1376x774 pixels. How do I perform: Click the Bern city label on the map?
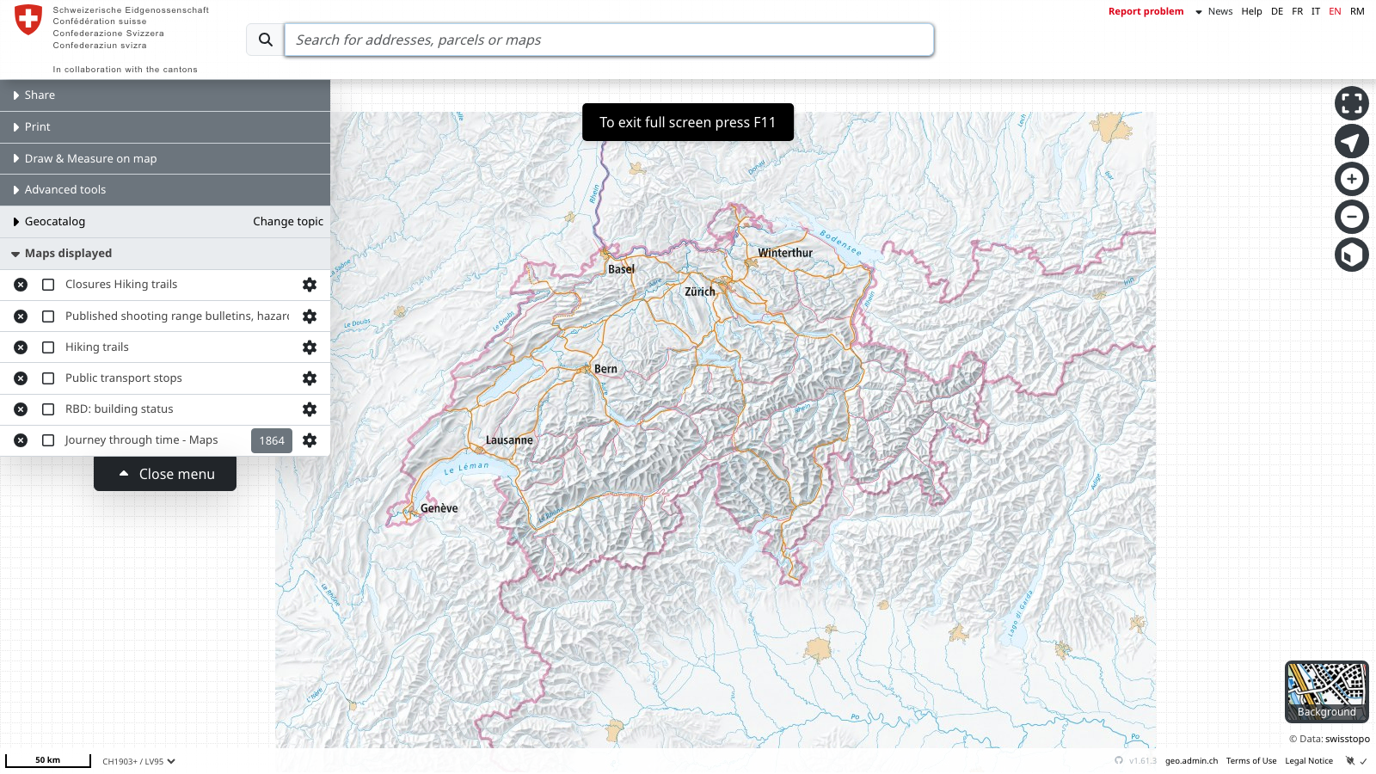[x=605, y=369]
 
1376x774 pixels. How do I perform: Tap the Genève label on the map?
[x=439, y=508]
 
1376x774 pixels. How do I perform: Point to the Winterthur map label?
[x=784, y=253]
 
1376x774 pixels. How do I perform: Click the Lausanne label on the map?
[x=509, y=440]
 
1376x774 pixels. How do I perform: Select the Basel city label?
[x=621, y=269]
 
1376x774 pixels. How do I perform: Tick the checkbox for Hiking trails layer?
[x=48, y=347]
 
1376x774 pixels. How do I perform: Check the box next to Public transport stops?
[x=48, y=378]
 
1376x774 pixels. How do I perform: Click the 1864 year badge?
[x=272, y=440]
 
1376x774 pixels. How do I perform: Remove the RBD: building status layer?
[x=21, y=409]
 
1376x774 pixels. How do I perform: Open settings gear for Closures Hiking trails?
[x=310, y=285]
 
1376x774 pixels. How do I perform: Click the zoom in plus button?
[x=1351, y=179]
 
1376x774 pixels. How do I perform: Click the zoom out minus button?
[x=1351, y=217]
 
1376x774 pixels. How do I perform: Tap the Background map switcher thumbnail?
[x=1326, y=691]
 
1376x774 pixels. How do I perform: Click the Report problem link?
[x=1146, y=11]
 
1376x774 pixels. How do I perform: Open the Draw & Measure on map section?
[x=90, y=158]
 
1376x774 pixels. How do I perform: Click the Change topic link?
[x=288, y=221]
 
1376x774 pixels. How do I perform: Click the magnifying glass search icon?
[x=266, y=40]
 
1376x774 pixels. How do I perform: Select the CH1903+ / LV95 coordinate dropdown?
[x=138, y=761]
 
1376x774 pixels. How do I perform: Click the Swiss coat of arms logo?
[x=28, y=19]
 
